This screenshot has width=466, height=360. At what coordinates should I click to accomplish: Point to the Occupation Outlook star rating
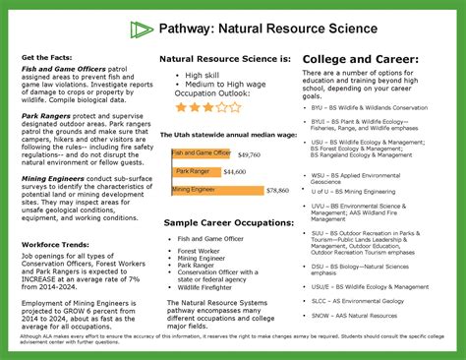208,106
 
